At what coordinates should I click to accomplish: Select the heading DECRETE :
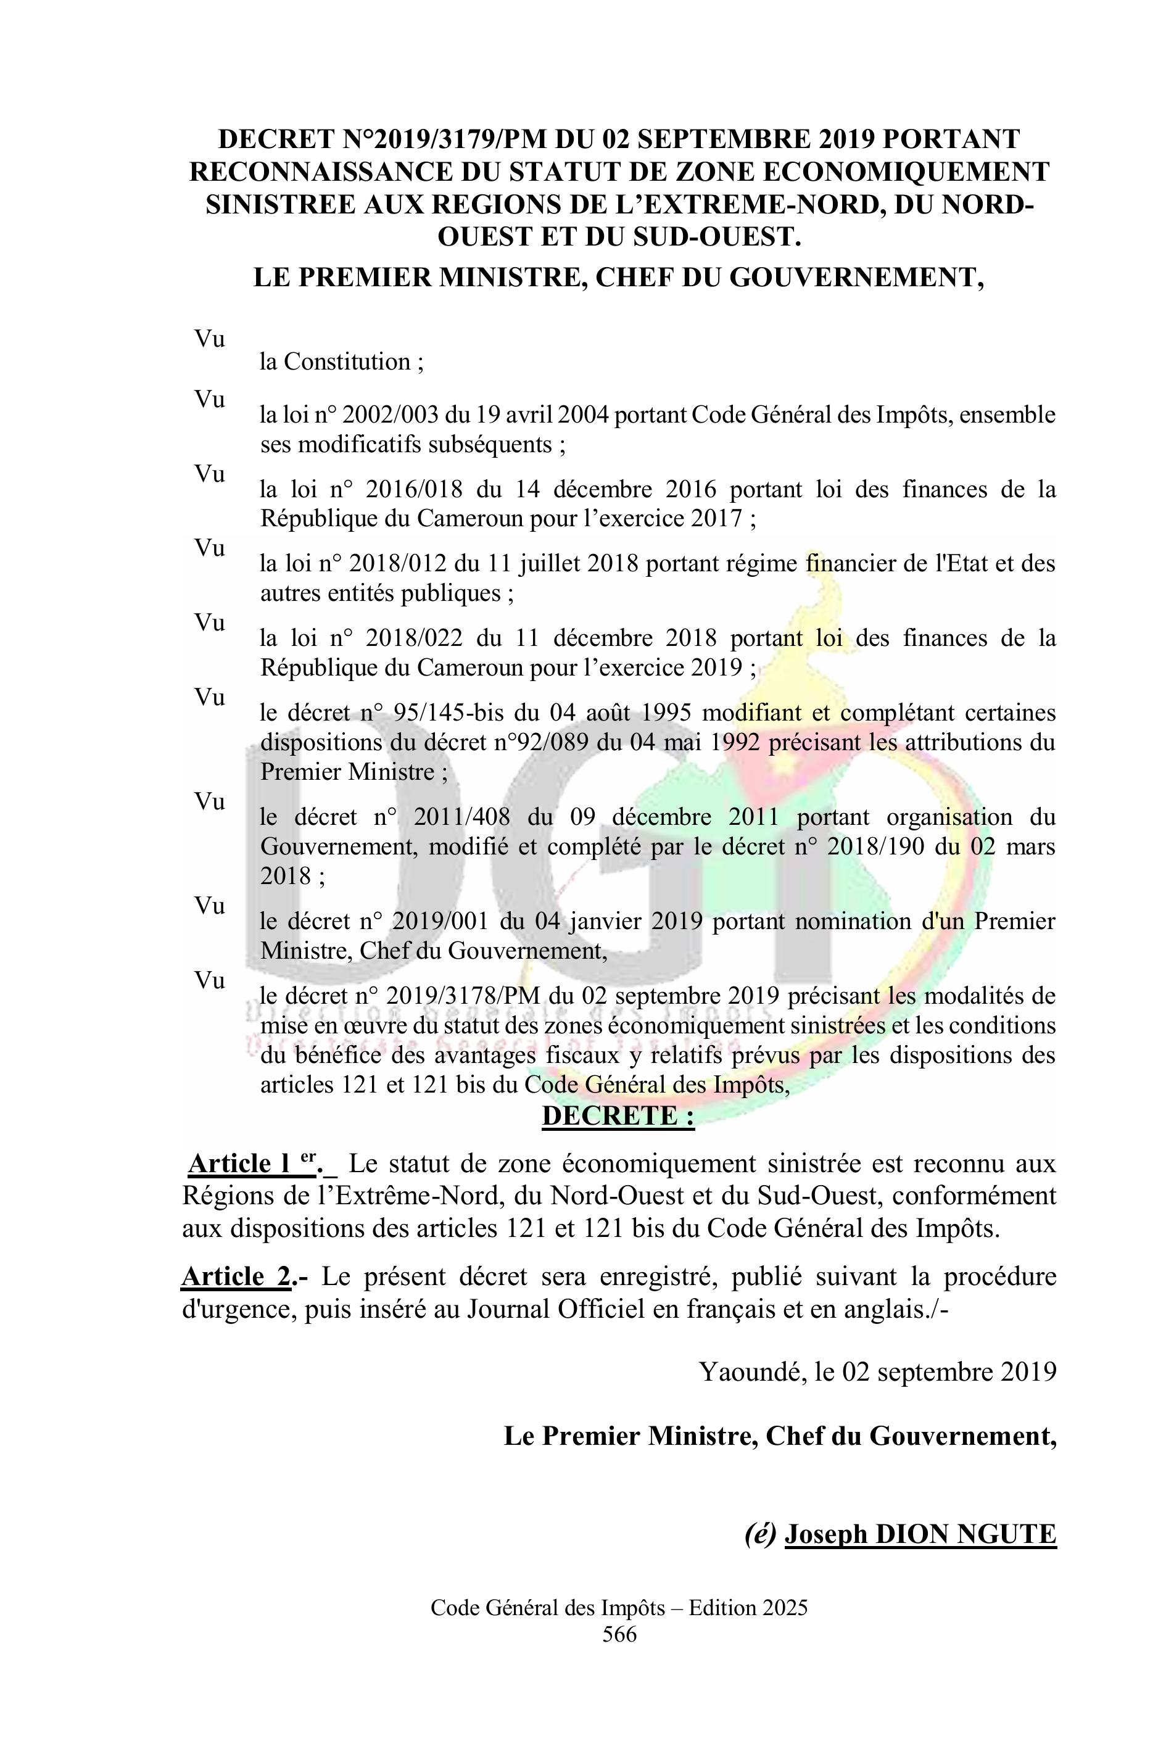[618, 1116]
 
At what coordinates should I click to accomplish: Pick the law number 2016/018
[414, 489]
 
